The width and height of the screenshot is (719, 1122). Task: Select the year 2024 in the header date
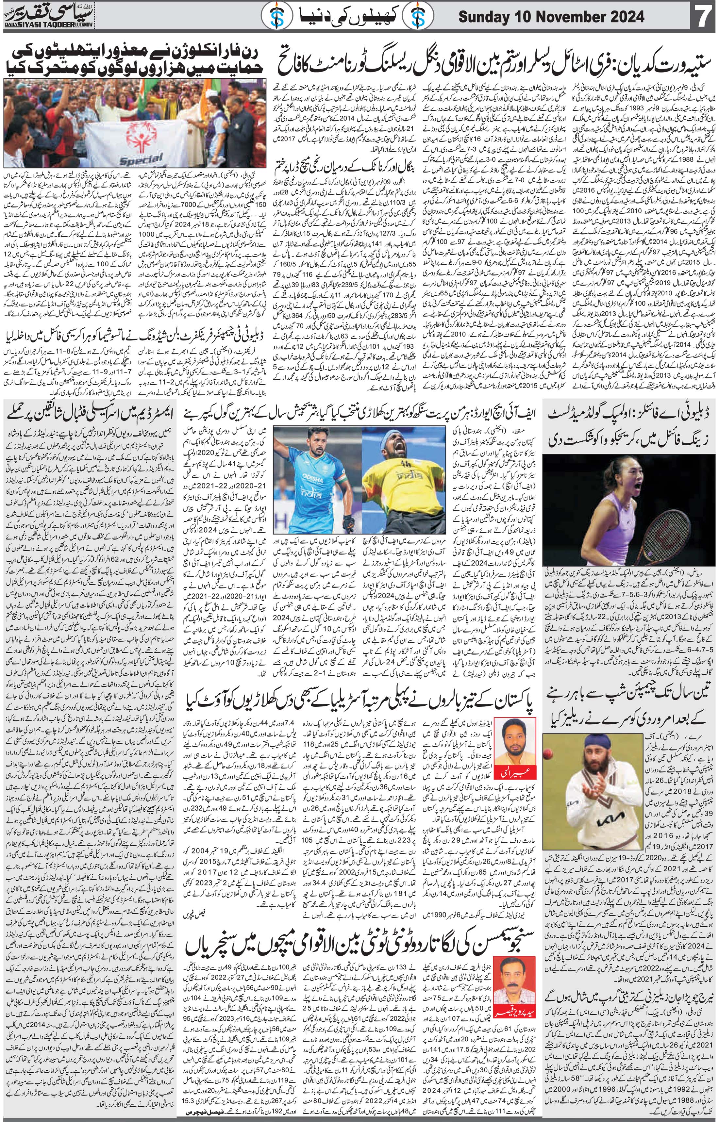[x=623, y=17]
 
